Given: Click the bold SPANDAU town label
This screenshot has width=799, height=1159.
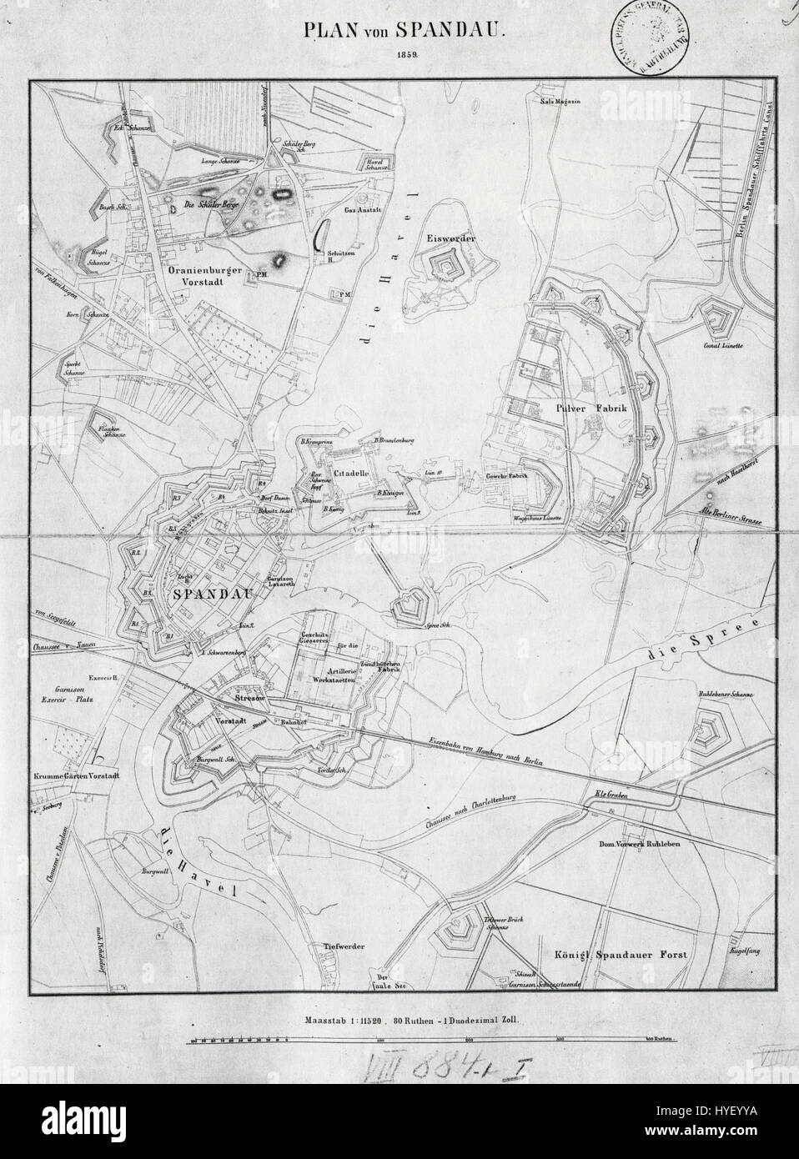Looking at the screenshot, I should pyautogui.click(x=214, y=594).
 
